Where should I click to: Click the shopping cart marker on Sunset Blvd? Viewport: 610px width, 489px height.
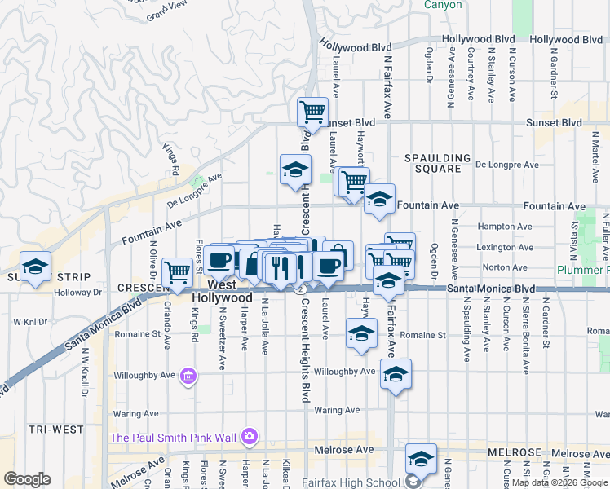point(312,112)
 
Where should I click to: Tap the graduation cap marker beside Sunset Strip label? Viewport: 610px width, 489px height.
point(36,267)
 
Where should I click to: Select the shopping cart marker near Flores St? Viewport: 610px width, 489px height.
point(177,273)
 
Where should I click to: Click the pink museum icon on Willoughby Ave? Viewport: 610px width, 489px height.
point(188,376)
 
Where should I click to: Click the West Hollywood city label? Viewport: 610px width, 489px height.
point(222,291)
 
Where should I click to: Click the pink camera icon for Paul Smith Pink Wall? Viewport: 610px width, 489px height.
point(250,438)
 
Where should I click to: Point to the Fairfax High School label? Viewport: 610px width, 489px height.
point(354,482)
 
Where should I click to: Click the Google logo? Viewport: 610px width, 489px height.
point(27,479)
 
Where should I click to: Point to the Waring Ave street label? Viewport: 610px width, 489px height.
point(135,413)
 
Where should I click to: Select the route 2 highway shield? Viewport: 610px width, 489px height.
point(301,289)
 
